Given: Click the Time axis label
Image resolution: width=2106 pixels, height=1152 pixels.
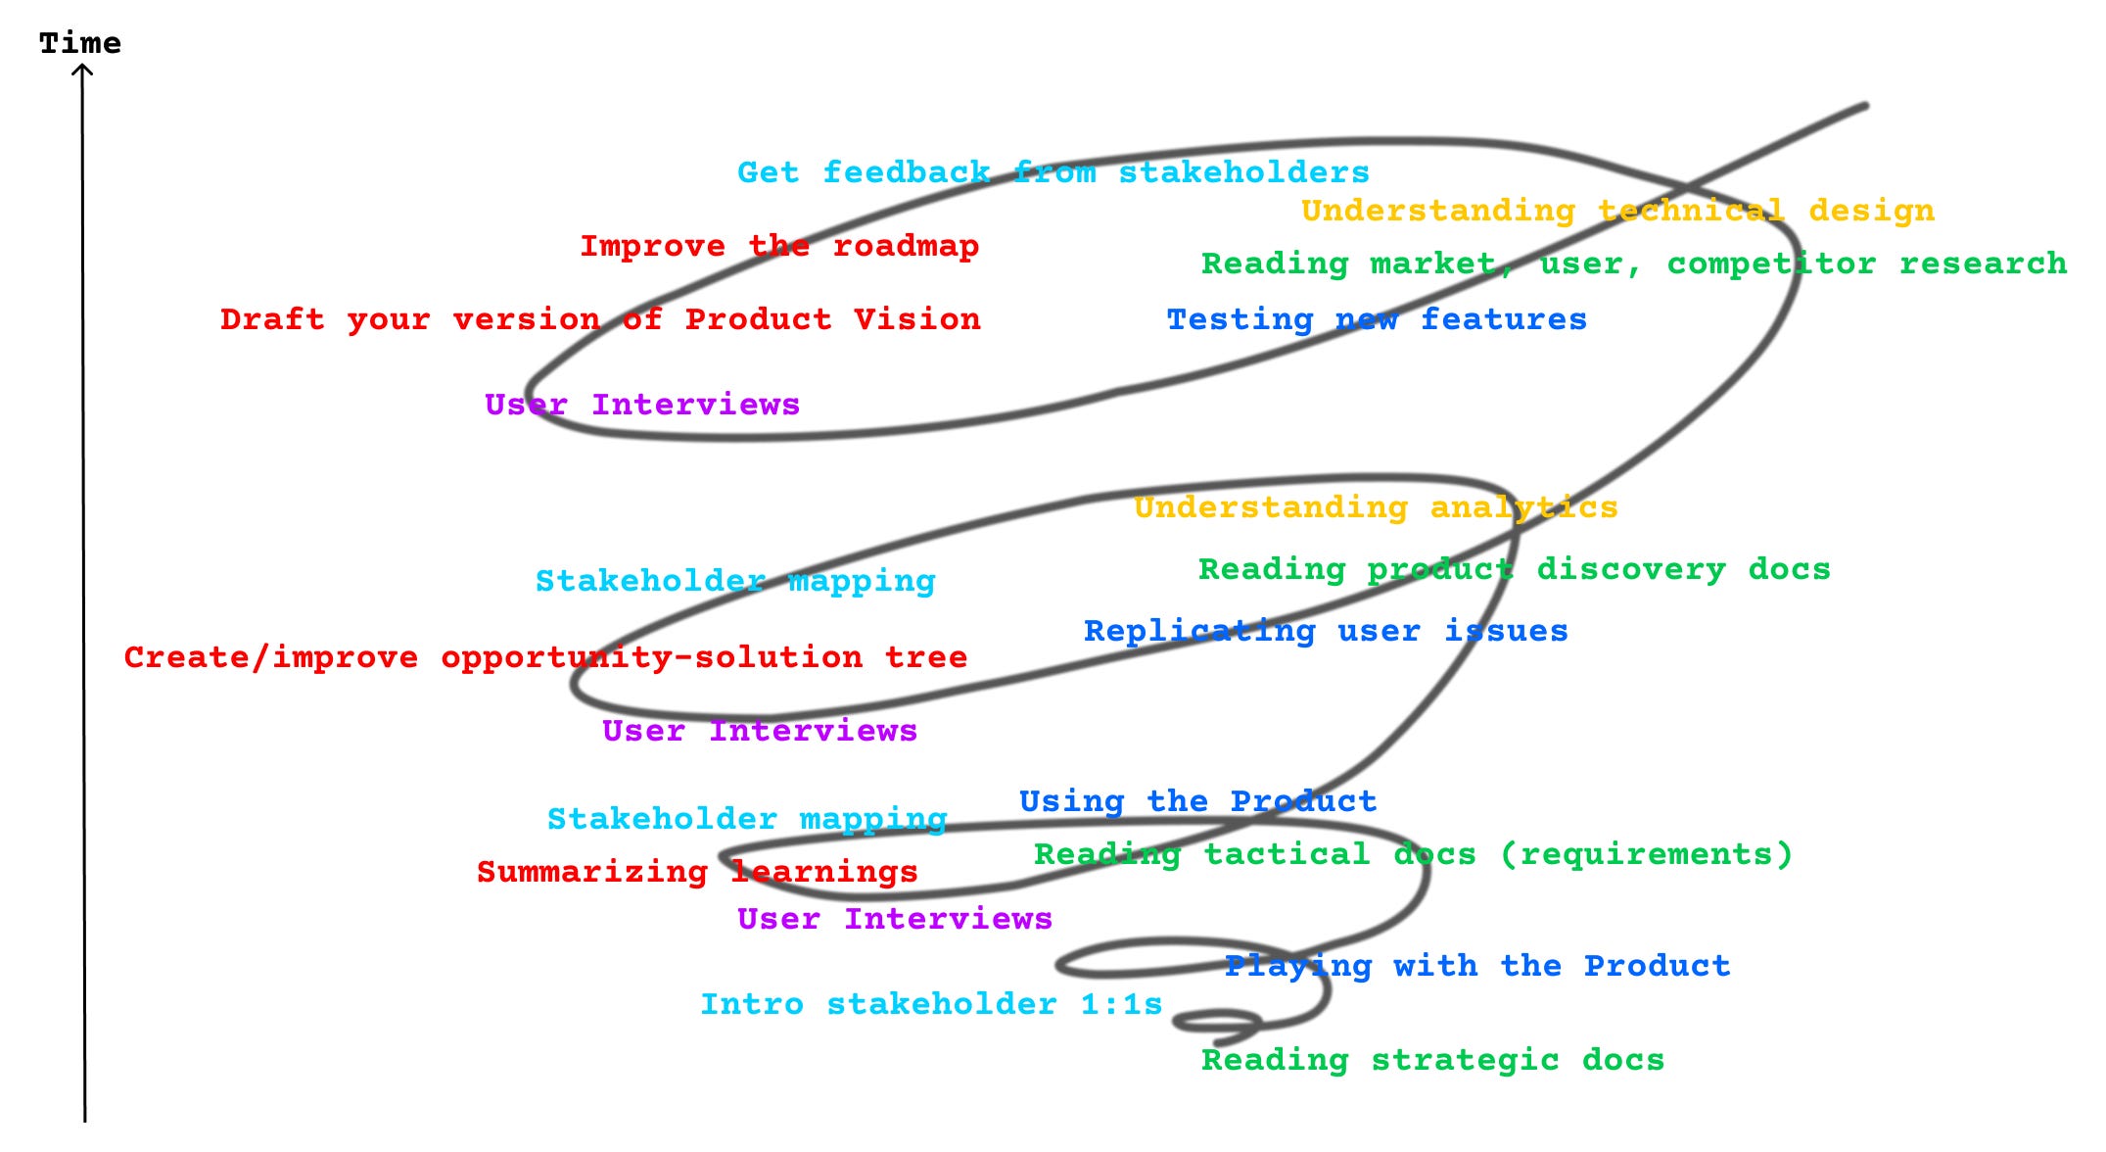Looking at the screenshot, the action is click(x=80, y=43).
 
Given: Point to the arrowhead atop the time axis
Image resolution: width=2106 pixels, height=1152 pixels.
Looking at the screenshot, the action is click(x=82, y=70).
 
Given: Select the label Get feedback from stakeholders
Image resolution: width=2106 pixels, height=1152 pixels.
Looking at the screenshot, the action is click(x=1053, y=172).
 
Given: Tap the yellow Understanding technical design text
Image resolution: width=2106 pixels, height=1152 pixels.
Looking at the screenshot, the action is click(x=1617, y=211).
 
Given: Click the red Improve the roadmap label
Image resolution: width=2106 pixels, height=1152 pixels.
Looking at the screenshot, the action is click(x=778, y=246).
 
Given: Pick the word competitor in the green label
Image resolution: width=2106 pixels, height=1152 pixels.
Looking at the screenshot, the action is click(x=1771, y=264).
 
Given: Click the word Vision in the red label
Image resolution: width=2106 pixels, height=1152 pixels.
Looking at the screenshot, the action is click(x=916, y=319).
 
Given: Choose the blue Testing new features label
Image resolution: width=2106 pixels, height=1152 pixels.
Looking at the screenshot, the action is click(x=1376, y=319).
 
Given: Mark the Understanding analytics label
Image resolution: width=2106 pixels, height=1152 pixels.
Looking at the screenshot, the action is click(x=1376, y=507).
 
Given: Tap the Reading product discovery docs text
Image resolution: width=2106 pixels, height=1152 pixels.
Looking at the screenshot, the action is click(x=1514, y=569).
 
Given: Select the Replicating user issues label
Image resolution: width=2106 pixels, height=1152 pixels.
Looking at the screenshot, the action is click(x=1325, y=631).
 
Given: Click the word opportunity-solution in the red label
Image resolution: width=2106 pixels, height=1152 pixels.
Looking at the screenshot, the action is click(x=651, y=657).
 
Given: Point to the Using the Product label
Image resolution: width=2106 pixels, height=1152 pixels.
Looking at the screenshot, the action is click(x=1197, y=801).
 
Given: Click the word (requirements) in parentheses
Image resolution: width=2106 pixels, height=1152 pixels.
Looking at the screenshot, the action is click(x=1646, y=854).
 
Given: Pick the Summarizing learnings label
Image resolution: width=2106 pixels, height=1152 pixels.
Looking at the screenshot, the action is click(x=697, y=872).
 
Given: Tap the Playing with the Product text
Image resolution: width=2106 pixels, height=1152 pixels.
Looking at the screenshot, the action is click(x=1476, y=966).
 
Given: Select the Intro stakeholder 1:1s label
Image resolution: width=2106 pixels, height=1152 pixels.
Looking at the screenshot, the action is click(x=930, y=1004).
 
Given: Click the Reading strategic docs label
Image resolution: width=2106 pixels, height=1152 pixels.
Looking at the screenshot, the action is click(x=1432, y=1060).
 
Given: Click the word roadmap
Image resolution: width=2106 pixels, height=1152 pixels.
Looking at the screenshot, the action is click(x=906, y=246).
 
